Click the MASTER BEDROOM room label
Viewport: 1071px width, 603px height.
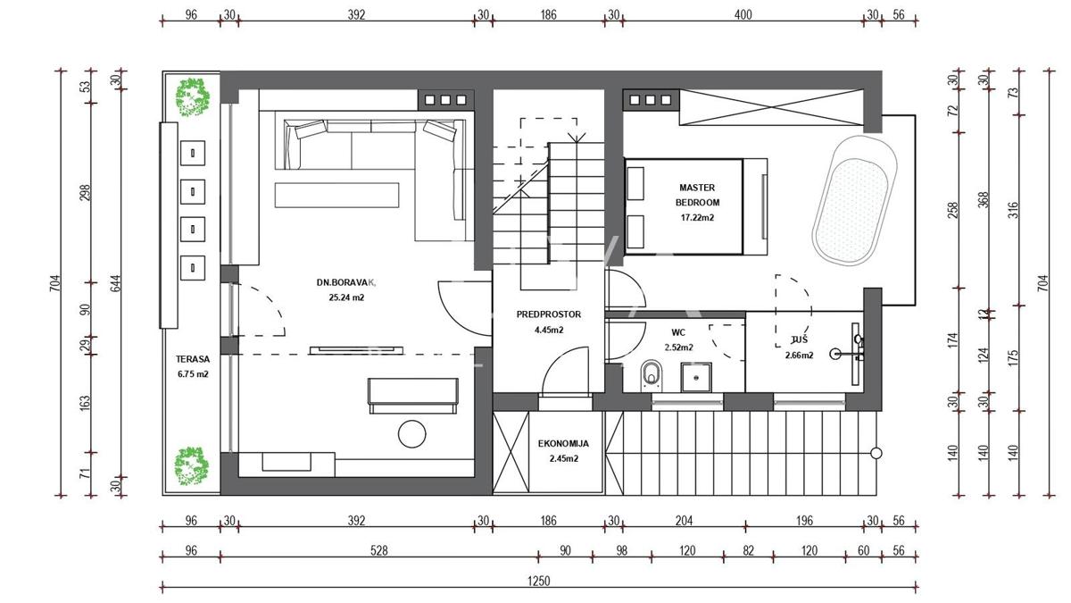point(697,195)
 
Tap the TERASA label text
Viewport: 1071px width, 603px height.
point(193,359)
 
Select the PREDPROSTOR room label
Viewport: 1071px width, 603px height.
point(549,314)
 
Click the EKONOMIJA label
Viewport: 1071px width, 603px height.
point(564,444)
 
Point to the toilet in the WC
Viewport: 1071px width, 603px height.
point(652,373)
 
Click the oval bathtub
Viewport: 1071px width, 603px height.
point(854,201)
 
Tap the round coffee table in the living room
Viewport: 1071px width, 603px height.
point(411,434)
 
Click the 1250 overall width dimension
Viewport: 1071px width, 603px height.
point(539,581)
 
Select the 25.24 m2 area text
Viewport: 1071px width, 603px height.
point(346,297)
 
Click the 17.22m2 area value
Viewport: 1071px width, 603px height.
point(698,218)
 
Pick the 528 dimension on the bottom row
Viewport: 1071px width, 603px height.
point(379,551)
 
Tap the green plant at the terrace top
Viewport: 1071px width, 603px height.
point(193,98)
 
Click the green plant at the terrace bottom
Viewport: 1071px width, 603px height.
point(191,466)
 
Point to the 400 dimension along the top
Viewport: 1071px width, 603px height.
point(743,15)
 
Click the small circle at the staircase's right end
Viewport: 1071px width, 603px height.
point(876,453)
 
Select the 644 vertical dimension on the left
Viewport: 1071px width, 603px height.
point(116,283)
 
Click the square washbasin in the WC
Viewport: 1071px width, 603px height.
point(696,378)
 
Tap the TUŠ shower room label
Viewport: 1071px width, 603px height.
point(800,339)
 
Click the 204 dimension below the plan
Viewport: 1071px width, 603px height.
point(684,521)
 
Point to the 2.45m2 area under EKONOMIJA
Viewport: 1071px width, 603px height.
point(564,458)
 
